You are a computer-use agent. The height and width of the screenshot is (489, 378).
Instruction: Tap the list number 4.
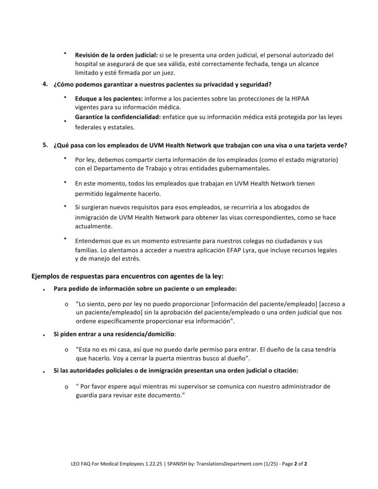point(44,85)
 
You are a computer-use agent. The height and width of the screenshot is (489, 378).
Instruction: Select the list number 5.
point(44,144)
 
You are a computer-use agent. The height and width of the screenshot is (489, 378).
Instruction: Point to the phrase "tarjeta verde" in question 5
point(327,145)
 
